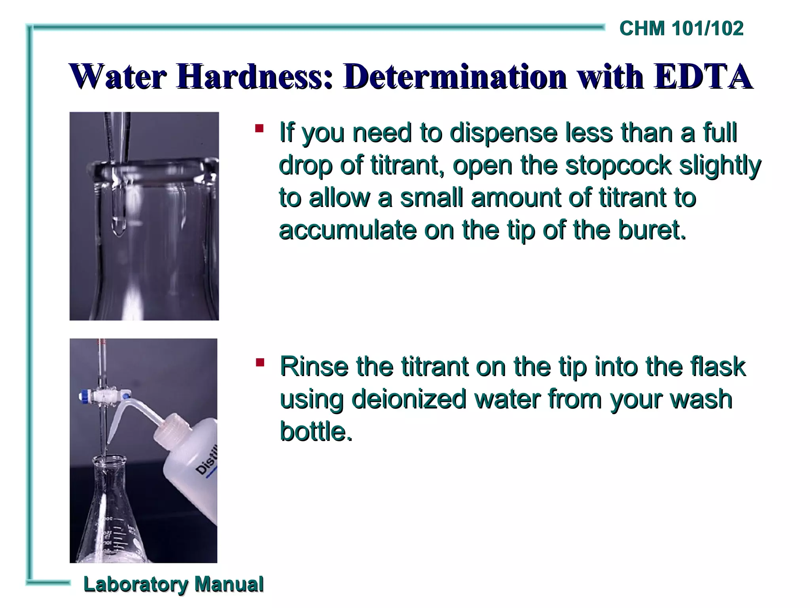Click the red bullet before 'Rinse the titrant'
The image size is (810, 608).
[260, 362]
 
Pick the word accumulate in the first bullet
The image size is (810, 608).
[347, 230]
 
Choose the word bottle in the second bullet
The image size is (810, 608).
[316, 431]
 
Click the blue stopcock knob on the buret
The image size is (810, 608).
[84, 395]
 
